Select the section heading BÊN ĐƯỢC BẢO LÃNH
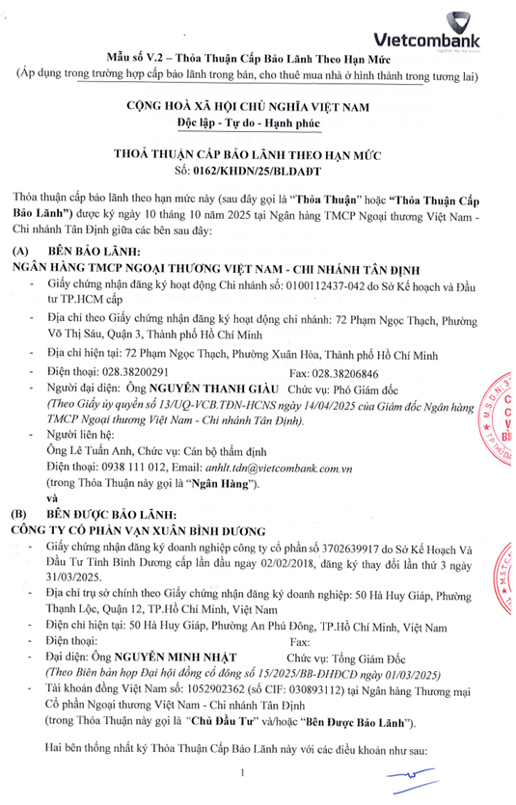(x=114, y=514)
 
